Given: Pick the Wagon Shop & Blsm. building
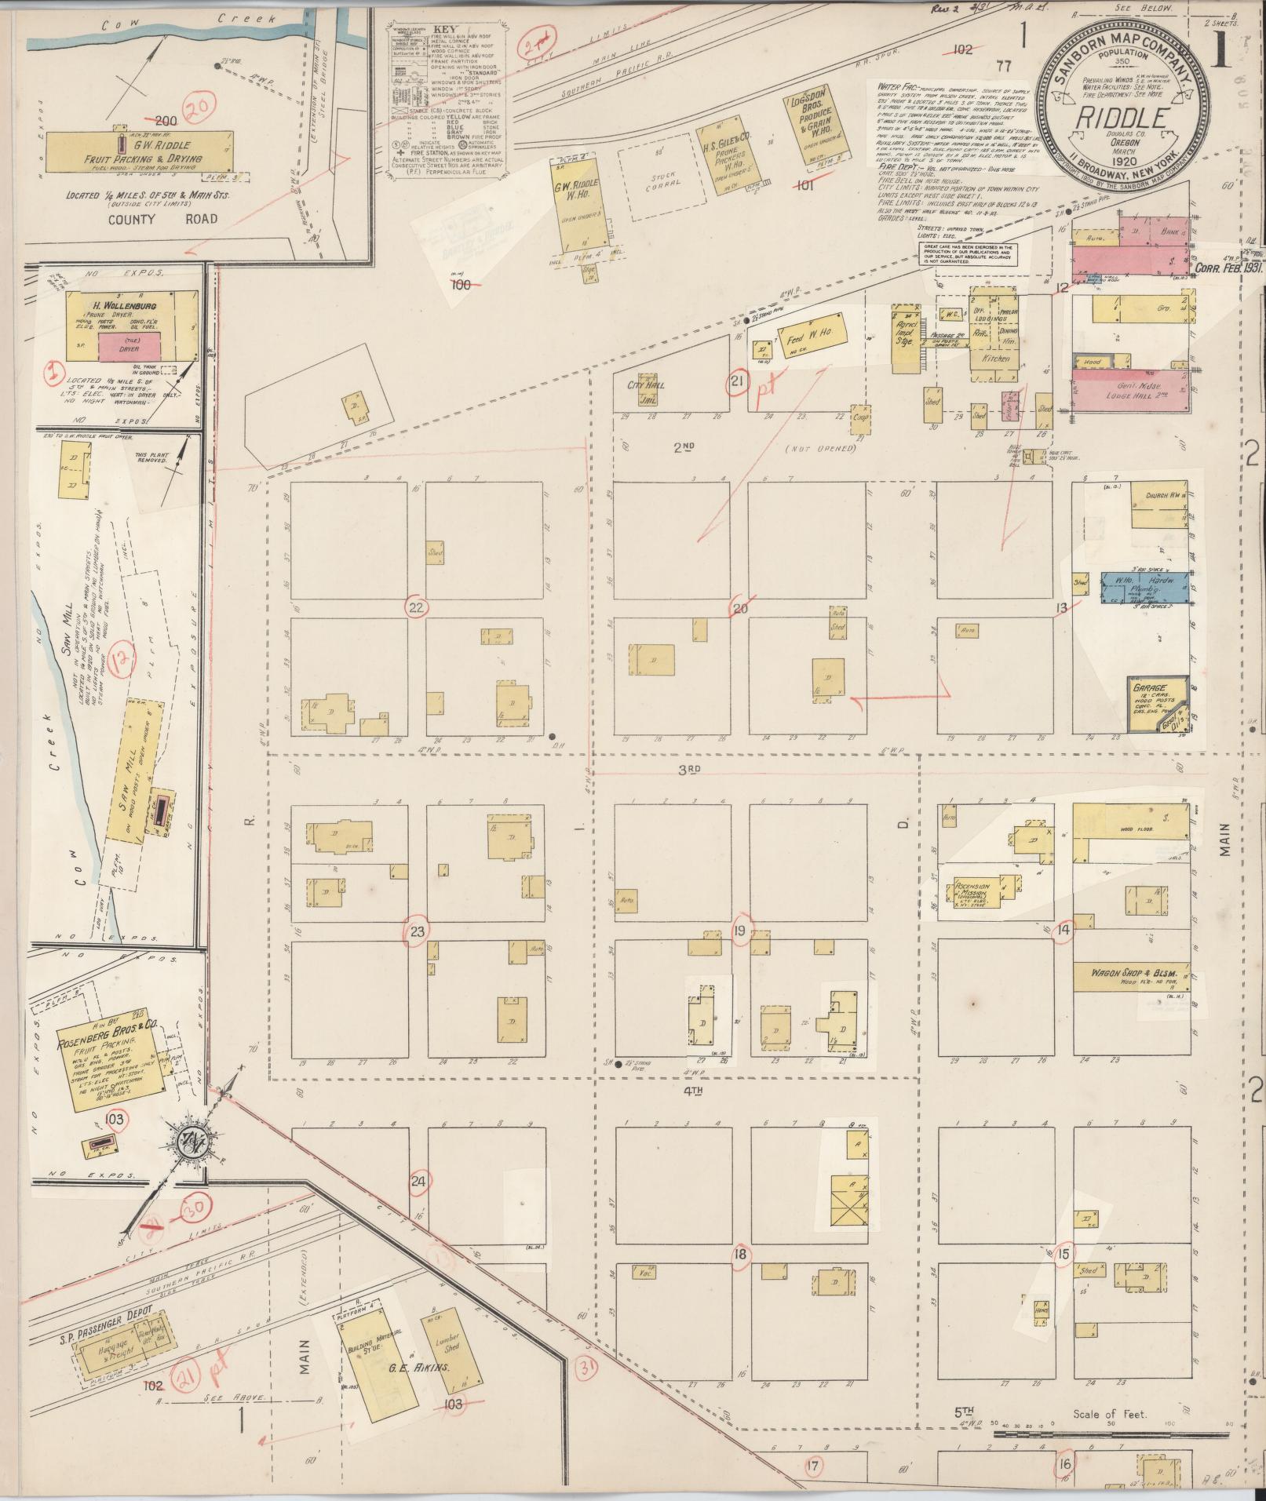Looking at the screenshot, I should [x=1130, y=976].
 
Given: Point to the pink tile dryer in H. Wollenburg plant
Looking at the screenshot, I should [x=129, y=347].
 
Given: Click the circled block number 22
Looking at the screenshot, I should [x=416, y=607].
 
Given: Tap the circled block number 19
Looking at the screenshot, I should [x=740, y=931].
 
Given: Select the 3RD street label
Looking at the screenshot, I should [x=688, y=770].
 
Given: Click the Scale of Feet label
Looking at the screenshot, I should [x=1110, y=1414].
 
